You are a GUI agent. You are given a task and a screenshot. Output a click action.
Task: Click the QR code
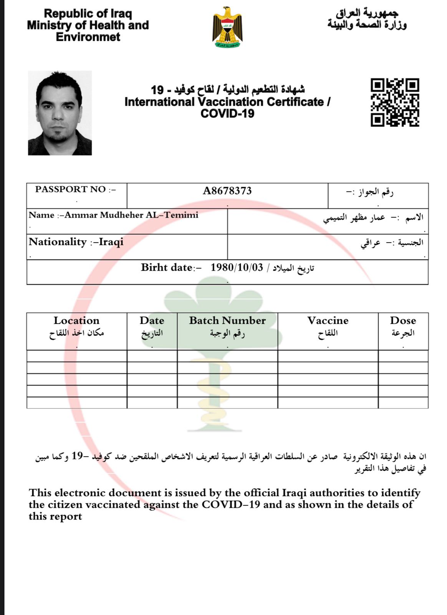point(394,102)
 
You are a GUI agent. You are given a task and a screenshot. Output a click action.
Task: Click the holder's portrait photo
point(60,113)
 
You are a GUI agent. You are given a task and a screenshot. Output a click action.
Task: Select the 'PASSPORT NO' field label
point(70,189)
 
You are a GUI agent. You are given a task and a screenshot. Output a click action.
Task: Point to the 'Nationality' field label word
point(58,242)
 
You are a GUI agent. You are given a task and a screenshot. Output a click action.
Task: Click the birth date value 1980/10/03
point(237,268)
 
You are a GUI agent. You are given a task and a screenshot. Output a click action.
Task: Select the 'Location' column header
point(76,321)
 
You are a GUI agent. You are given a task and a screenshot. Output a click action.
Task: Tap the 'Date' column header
point(152,321)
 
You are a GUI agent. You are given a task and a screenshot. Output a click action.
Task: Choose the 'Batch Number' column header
point(227,321)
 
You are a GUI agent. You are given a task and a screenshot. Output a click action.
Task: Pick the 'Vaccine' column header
point(328,321)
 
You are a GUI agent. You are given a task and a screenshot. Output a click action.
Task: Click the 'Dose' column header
point(403,321)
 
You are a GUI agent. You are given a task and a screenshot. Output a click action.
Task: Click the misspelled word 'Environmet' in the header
point(88,37)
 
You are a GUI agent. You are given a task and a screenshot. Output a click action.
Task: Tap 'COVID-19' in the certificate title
point(227,114)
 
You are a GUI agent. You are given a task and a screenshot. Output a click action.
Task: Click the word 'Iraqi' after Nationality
point(111,242)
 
